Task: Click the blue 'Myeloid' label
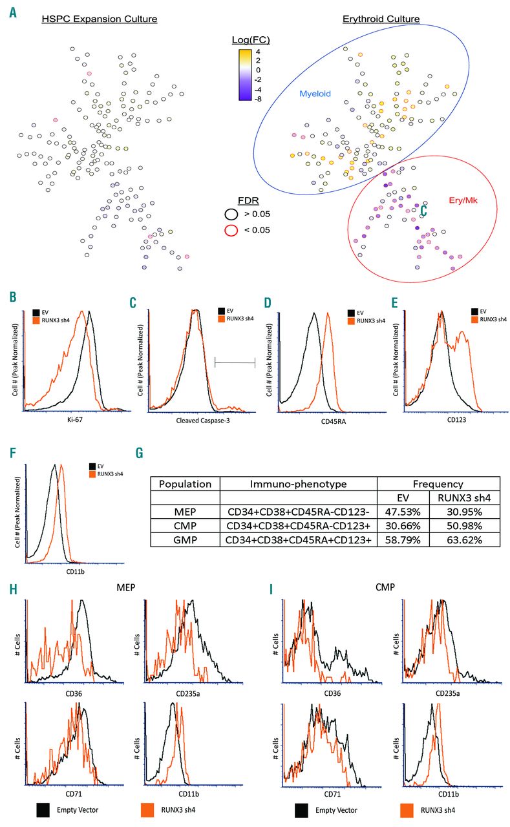click(315, 94)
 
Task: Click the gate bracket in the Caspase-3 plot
click(235, 363)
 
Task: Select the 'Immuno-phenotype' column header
click(298, 484)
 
